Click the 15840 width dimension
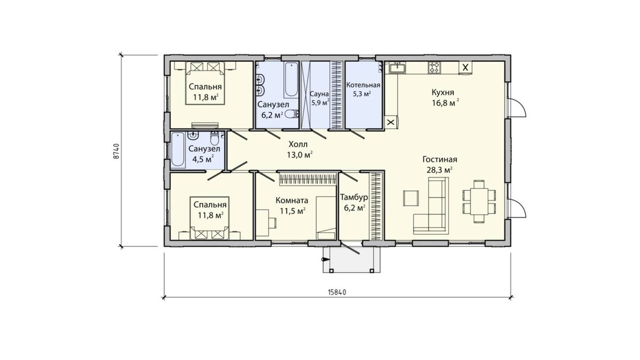(x=337, y=292)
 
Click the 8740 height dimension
(x=116, y=151)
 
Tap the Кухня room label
(x=443, y=93)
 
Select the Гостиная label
(x=439, y=159)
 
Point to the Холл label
(x=298, y=143)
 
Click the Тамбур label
(x=354, y=197)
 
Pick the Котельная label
(x=363, y=85)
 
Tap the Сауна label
(x=319, y=94)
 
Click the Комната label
(x=292, y=201)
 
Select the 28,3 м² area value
(x=439, y=170)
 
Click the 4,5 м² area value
(x=203, y=159)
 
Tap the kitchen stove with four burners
(x=434, y=67)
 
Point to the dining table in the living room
(x=479, y=201)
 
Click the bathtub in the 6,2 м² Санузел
(x=291, y=80)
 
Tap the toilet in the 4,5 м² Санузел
(x=214, y=138)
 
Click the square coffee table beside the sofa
(x=411, y=198)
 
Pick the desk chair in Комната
(x=273, y=222)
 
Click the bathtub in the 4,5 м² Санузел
(x=178, y=149)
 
